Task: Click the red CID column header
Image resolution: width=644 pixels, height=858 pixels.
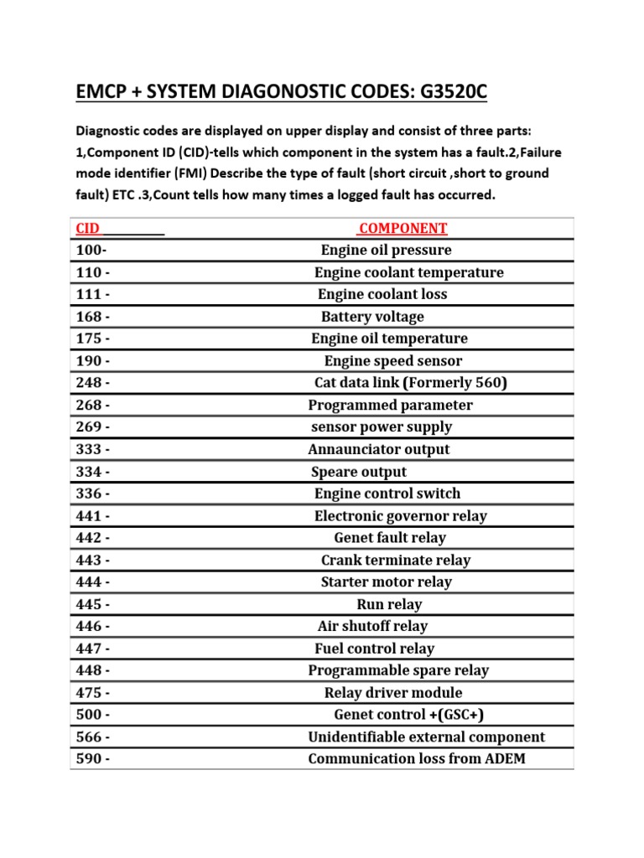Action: coord(88,229)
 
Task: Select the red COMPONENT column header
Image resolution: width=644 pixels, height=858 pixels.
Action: coord(402,229)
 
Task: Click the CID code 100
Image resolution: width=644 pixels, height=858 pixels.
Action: coord(91,251)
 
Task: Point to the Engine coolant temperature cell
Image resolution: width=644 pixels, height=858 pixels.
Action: coord(408,272)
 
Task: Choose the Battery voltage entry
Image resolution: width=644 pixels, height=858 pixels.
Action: coord(372,317)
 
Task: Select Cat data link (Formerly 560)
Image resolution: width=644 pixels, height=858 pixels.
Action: coord(410,383)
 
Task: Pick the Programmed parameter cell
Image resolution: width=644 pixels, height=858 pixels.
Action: coord(390,406)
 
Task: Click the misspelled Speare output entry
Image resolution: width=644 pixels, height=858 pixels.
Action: coord(359,472)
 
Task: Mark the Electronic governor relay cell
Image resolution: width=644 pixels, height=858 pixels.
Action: coord(400,516)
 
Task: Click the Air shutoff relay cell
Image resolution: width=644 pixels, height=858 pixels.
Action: coord(372,627)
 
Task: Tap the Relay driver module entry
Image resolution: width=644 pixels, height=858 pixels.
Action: coord(392,693)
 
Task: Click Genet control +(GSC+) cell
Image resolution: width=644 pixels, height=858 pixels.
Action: coord(408,715)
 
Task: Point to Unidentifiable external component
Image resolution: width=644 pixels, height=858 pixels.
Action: coord(426,737)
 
